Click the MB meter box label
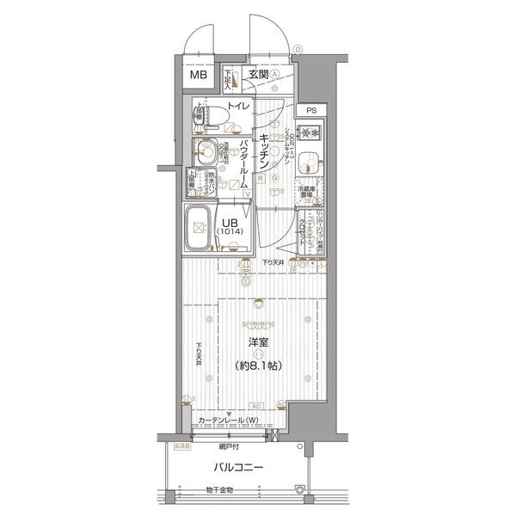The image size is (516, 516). point(199,75)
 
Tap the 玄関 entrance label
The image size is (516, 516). point(259,75)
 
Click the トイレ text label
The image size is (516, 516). point(238,106)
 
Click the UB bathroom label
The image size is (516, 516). point(230,221)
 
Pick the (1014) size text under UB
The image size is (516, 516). point(230,232)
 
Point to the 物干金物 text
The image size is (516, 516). point(220,491)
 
